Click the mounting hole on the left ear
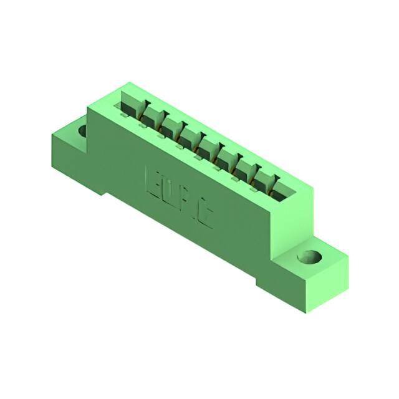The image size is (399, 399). [x=82, y=130]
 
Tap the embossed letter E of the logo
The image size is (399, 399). [x=153, y=180]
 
